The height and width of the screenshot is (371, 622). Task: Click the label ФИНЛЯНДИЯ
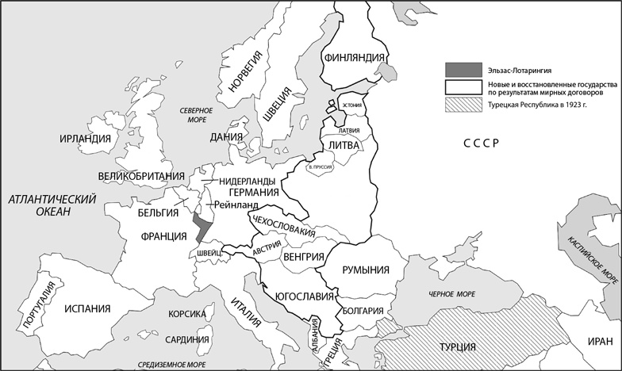pos(355,57)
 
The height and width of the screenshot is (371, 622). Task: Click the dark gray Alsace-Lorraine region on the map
pos(202,227)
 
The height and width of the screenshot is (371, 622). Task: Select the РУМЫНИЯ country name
pos(364,270)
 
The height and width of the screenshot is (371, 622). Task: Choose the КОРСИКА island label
pos(187,314)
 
